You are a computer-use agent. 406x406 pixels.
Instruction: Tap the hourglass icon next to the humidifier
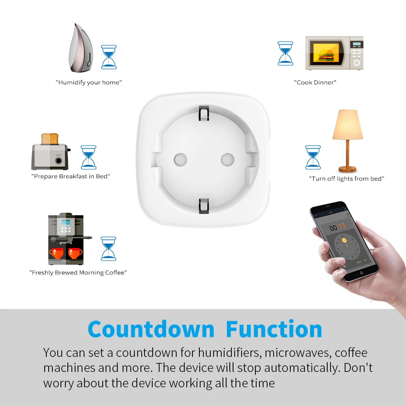coord(108,57)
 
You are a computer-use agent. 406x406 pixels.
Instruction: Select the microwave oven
coord(334,53)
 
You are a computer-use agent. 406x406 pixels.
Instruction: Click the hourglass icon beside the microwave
coord(285,53)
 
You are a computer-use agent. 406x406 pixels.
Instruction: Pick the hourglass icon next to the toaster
coord(89,157)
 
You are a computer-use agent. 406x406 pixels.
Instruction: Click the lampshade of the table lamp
coord(348,125)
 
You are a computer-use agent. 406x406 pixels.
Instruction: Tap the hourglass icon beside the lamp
coord(313,157)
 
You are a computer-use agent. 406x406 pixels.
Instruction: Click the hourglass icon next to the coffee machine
coord(108,248)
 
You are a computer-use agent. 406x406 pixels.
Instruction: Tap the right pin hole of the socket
coord(227,159)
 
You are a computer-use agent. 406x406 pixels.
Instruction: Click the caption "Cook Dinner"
coord(315,82)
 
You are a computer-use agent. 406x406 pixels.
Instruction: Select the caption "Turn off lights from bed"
coord(346,179)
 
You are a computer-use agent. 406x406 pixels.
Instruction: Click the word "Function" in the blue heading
coord(274,329)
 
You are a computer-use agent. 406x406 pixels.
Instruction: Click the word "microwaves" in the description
coord(296,352)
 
